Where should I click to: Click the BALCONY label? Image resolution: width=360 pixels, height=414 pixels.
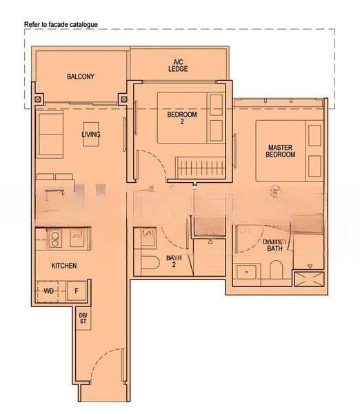pos(81,77)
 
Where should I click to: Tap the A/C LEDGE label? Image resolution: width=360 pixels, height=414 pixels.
pos(178,66)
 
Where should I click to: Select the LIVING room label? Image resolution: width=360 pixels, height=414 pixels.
pos(90,135)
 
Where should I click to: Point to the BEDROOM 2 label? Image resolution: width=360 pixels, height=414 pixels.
pos(182,118)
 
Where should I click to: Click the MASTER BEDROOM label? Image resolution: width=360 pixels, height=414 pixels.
pos(281,150)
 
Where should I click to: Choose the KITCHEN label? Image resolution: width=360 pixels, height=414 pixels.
pos(63,266)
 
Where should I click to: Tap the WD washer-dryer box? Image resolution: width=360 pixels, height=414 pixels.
pos(49,291)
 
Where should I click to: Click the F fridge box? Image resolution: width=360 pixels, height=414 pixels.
pos(77,291)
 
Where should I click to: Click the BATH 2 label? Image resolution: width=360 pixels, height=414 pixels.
pos(174,262)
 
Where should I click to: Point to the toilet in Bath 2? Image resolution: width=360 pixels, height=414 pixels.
pos(151,264)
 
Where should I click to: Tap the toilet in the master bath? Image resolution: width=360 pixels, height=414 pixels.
pos(276,271)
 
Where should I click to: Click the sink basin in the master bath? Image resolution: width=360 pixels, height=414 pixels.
pos(246,271)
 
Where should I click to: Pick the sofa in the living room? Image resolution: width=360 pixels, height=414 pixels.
pos(50,135)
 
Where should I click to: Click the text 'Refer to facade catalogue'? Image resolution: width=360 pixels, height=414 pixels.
pos(61,24)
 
